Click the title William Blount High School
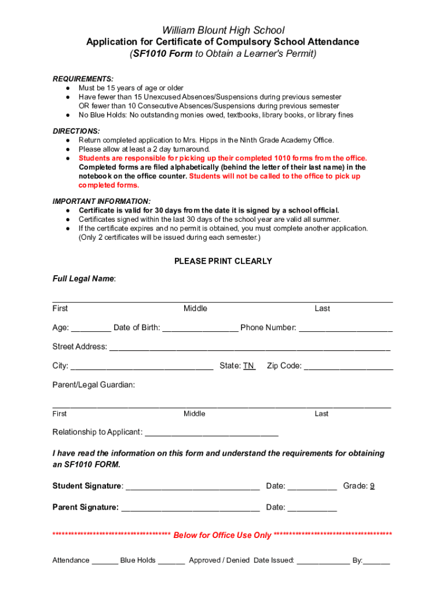coord(223,30)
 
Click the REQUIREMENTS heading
coord(83,79)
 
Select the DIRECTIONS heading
coord(76,131)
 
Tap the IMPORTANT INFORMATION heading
coord(101,201)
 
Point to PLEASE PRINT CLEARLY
coord(223,261)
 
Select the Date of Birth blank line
coord(200,328)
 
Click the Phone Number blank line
coord(346,328)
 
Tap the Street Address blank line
coord(250,347)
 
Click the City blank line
coord(142,367)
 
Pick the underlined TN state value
coord(248,365)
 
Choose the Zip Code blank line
coord(348,367)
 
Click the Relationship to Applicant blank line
coord(211,433)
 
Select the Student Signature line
coord(192,487)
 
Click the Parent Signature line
coord(190,508)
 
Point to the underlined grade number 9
coord(372,486)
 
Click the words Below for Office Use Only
coord(222,535)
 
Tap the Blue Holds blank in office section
coord(171,561)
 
